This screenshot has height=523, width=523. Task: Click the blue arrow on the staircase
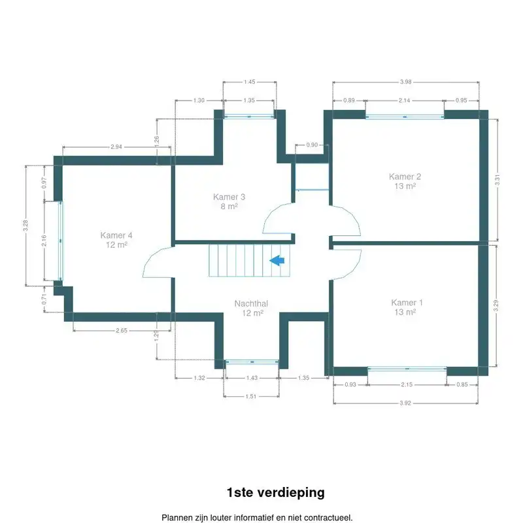tap(277, 261)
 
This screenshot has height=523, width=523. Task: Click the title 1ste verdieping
tap(275, 492)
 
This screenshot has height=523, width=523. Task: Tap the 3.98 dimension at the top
tap(405, 82)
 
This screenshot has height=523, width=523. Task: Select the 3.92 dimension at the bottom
tap(405, 403)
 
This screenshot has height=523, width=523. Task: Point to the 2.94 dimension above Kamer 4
tap(116, 147)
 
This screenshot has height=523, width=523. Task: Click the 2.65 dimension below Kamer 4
tap(121, 331)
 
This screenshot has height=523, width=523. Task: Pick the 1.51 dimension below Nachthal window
tap(251, 396)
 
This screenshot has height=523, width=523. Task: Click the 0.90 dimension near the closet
tap(312, 145)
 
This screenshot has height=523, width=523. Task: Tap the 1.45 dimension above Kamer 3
tap(249, 82)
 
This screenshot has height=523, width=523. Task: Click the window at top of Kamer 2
tap(405, 116)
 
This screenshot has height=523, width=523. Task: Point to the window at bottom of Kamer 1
tap(407, 369)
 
